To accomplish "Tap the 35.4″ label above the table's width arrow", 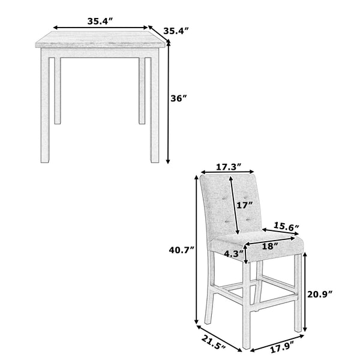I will click(x=100, y=20).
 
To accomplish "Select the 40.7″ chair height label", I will click(x=181, y=251).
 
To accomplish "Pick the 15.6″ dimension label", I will click(x=287, y=226).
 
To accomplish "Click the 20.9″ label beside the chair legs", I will click(x=319, y=294).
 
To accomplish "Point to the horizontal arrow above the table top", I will click(x=100, y=28).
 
